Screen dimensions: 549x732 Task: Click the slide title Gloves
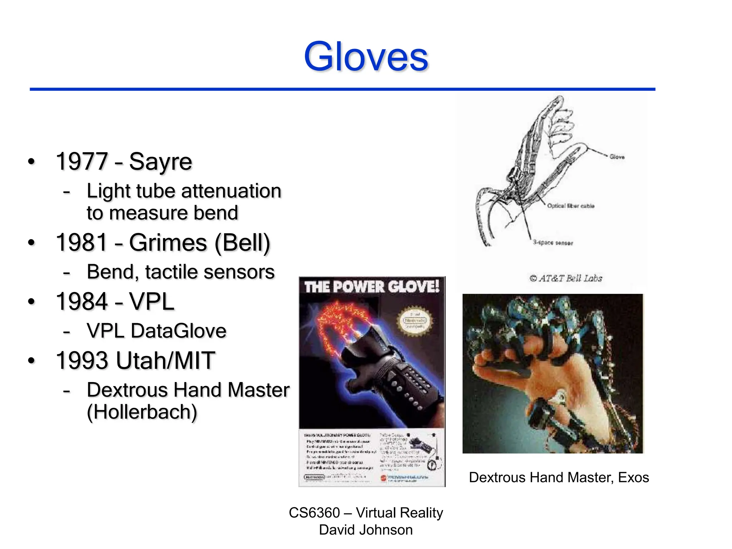[x=366, y=56]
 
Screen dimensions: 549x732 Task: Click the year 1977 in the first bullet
[x=82, y=162]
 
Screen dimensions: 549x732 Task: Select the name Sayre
[x=160, y=162]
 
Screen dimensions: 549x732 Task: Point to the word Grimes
[x=168, y=243]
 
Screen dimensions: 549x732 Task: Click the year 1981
[x=82, y=243]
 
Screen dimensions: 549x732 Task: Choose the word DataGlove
[x=179, y=331]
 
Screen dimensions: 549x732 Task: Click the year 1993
[x=82, y=360]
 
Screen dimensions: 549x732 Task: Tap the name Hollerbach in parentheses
[x=142, y=412]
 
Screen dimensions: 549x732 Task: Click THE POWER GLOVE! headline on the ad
[x=372, y=287]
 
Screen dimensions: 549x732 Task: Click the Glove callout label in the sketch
[x=617, y=157]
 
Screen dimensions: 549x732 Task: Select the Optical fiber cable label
[x=570, y=206]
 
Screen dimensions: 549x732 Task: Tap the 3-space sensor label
[x=553, y=243]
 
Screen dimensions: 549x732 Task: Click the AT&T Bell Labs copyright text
[x=566, y=278]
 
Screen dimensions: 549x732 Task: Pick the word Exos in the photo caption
[x=633, y=478]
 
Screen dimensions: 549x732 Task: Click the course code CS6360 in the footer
[x=314, y=513]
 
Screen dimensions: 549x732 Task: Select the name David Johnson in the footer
[x=366, y=530]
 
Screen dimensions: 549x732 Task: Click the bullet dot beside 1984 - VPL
[x=31, y=302]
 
